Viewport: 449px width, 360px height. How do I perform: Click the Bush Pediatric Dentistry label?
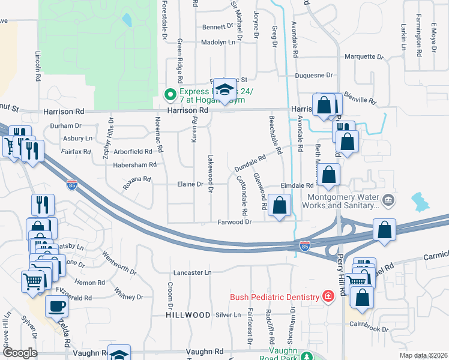click(274, 297)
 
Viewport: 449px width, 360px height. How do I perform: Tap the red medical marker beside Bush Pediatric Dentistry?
click(328, 296)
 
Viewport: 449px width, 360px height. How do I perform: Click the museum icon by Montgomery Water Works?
click(389, 200)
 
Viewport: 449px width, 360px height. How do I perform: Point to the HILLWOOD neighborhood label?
click(188, 314)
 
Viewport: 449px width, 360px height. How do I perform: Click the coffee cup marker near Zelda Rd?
click(57, 307)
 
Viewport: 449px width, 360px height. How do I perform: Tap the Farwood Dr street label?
click(234, 221)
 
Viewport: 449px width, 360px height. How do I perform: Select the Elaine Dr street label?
click(190, 184)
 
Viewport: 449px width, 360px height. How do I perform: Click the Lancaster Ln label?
click(192, 272)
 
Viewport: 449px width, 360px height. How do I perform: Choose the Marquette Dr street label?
click(363, 57)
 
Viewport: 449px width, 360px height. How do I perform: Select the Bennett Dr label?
click(217, 26)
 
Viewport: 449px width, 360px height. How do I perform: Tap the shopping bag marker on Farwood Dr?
click(280, 206)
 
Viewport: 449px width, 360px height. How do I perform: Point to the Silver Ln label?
click(228, 314)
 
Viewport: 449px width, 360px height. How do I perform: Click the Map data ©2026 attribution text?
click(423, 355)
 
